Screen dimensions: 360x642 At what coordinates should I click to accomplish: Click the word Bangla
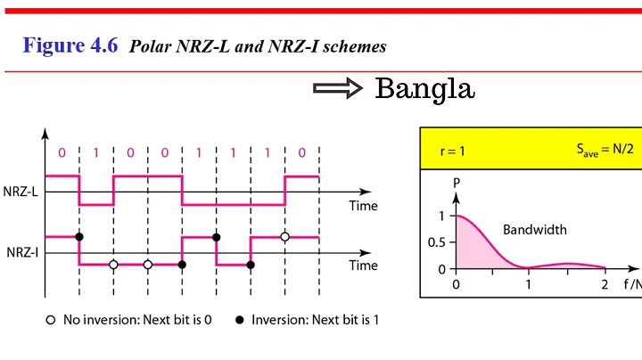pos(424,89)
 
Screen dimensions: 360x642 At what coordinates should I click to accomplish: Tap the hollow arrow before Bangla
pos(338,89)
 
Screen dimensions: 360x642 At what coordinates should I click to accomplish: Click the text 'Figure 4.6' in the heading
pos(70,45)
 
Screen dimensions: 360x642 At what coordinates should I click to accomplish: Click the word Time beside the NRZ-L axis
pos(363,206)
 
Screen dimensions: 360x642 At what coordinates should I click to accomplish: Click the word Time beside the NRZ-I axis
pos(363,266)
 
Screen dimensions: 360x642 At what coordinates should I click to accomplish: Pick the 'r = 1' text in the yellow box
pos(453,151)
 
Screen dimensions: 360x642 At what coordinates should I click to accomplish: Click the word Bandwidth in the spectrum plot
pos(535,229)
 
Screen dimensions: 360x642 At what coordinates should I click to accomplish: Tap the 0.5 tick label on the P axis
pos(435,242)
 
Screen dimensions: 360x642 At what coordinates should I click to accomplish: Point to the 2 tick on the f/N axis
pos(604,285)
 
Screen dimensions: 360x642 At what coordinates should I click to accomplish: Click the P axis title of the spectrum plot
pos(457,184)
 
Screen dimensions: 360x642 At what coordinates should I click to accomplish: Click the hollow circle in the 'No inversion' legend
pos(51,320)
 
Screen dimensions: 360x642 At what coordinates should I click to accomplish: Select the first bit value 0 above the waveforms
pos(62,152)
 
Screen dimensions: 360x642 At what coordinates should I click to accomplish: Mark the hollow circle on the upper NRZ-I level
pos(284,237)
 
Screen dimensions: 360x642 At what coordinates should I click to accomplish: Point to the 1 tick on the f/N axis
pos(530,285)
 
